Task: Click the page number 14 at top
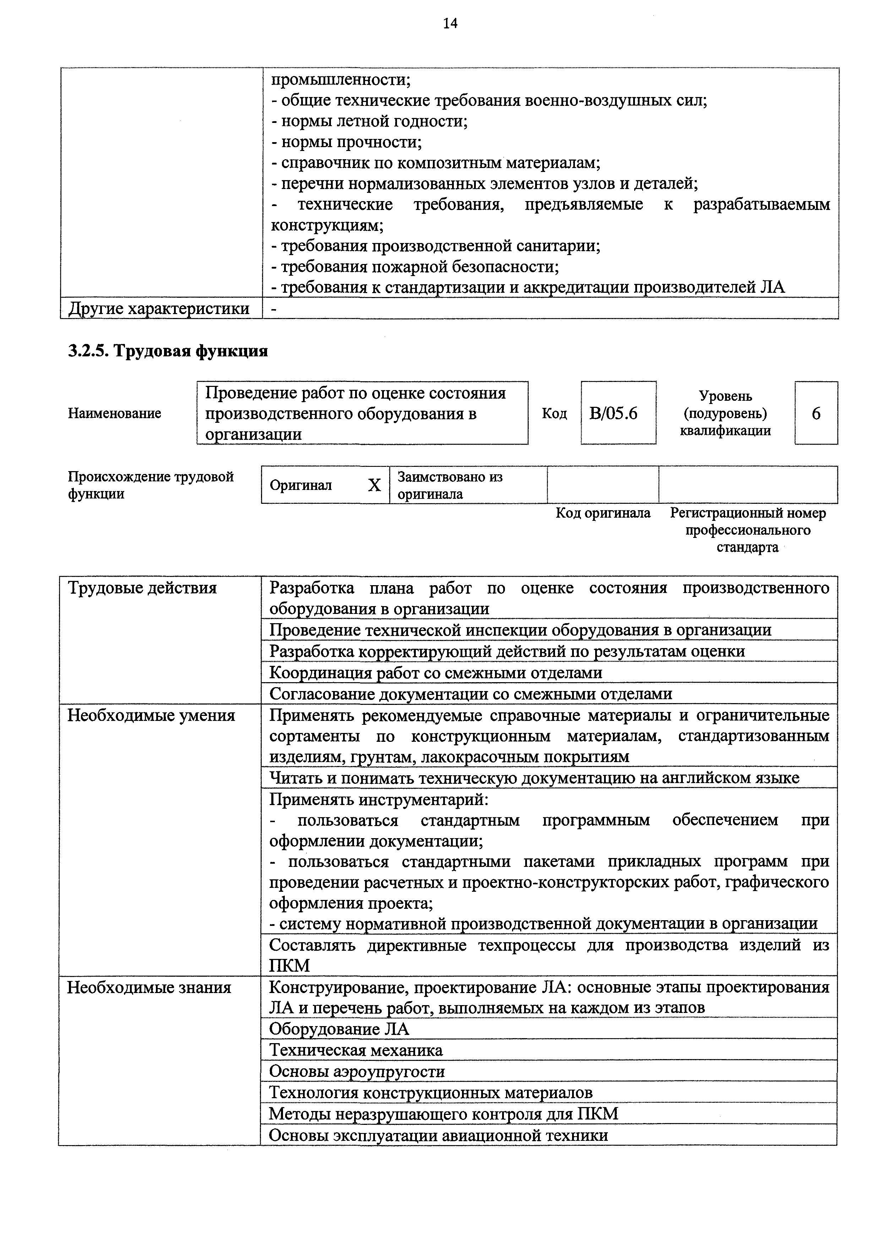pos(450,23)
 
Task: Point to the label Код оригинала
pos(603,513)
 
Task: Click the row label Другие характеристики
pos(158,308)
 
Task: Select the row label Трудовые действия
pos(142,588)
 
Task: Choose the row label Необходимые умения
pos(151,715)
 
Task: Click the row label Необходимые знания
pos(149,987)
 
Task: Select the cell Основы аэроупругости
pos(357,1071)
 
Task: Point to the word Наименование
pos(114,414)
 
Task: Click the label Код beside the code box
pos(554,414)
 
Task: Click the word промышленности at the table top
pos(341,80)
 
